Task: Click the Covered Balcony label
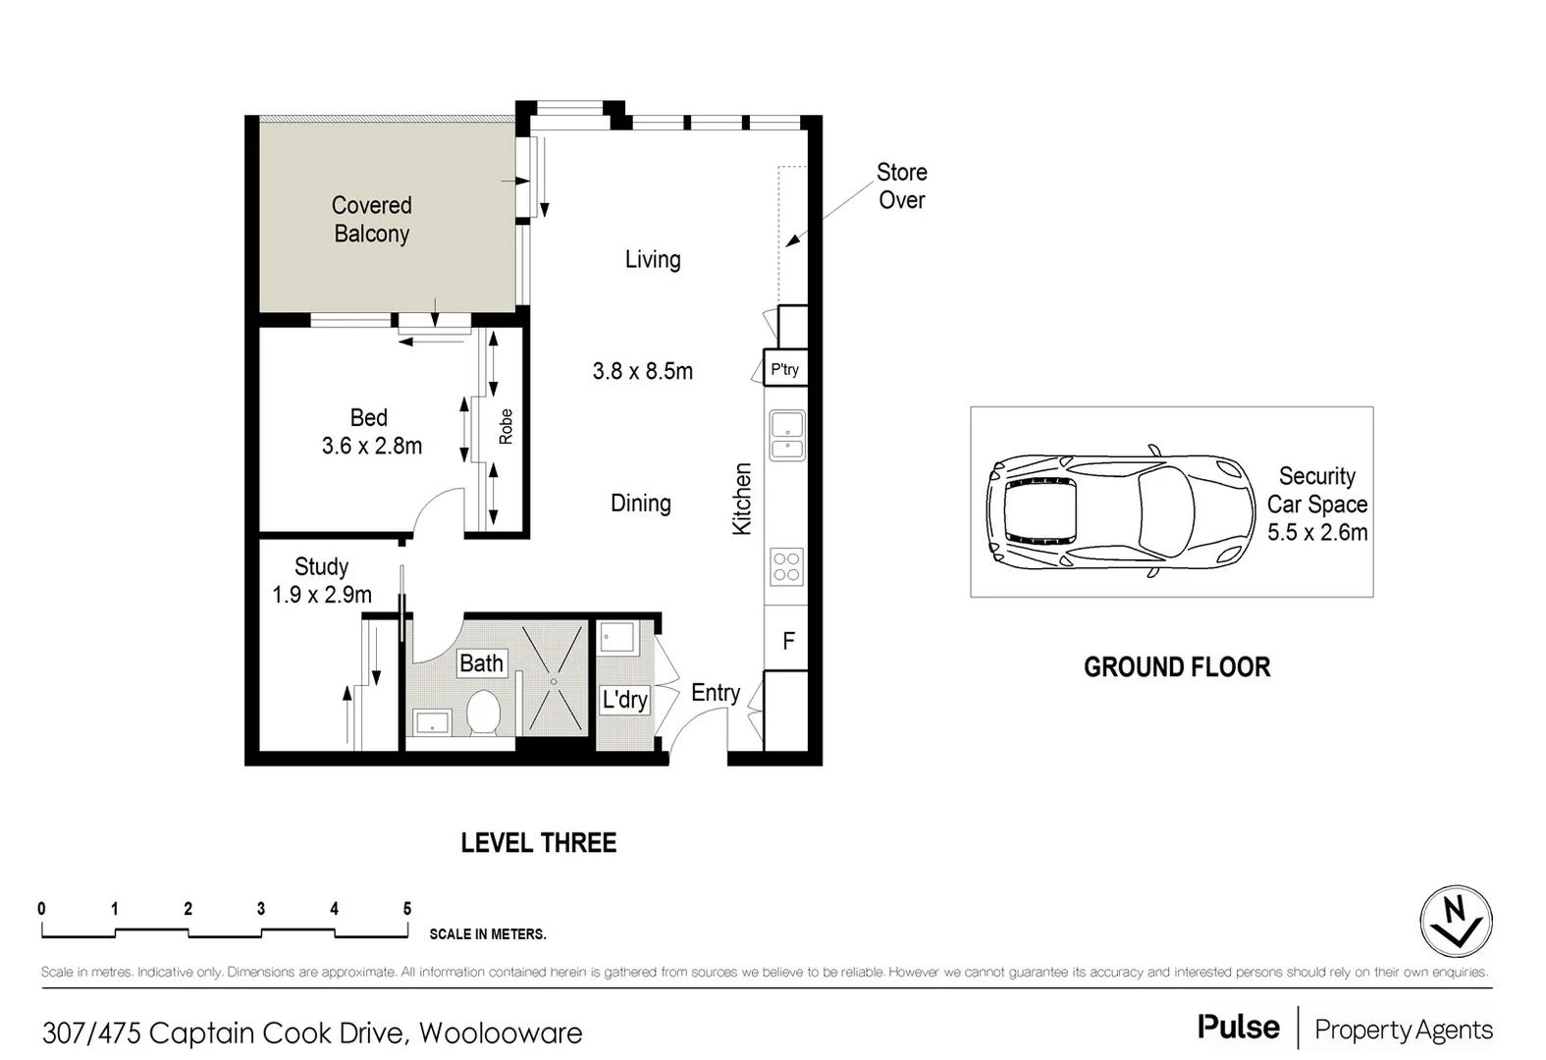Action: pyautogui.click(x=371, y=220)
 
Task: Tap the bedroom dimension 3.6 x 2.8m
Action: pyautogui.click(x=371, y=447)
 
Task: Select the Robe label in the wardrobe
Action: pyautogui.click(x=506, y=427)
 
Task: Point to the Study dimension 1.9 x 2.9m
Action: pyautogui.click(x=322, y=595)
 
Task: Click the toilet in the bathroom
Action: pyautogui.click(x=483, y=713)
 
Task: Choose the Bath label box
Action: pyautogui.click(x=481, y=663)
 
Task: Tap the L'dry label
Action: pyautogui.click(x=624, y=700)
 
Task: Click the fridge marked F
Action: pyautogui.click(x=787, y=641)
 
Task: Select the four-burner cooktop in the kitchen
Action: pyautogui.click(x=786, y=567)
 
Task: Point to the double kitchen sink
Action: pyautogui.click(x=787, y=437)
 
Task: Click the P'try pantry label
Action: pyautogui.click(x=784, y=370)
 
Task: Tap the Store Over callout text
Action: pyautogui.click(x=901, y=186)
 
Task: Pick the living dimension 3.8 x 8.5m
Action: pyautogui.click(x=642, y=371)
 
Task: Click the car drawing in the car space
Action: pyautogui.click(x=1120, y=512)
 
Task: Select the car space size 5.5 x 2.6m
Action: pyautogui.click(x=1316, y=533)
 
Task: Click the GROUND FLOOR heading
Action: pyautogui.click(x=1176, y=667)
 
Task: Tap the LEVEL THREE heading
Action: pyautogui.click(x=538, y=843)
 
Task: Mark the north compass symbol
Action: pyautogui.click(x=1456, y=922)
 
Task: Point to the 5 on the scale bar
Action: pyautogui.click(x=406, y=909)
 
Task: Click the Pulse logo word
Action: pyautogui.click(x=1238, y=1028)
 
